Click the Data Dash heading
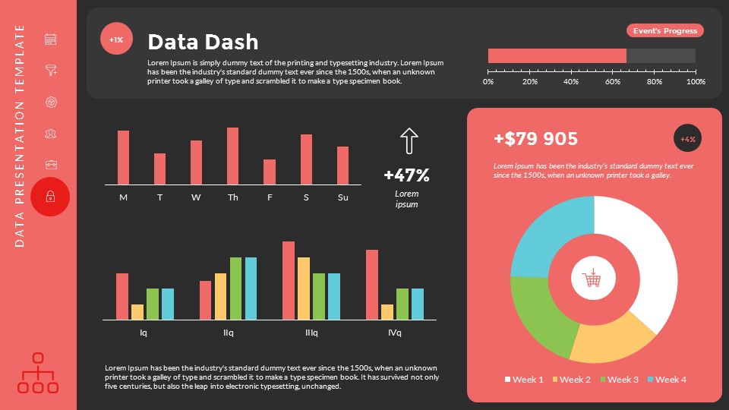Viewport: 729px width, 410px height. [203, 42]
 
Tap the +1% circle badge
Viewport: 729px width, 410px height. [116, 39]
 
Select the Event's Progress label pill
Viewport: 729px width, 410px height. [664, 30]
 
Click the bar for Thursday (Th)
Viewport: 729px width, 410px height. [232, 156]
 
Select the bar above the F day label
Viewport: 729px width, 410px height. [269, 172]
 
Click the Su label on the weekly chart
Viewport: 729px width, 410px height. [342, 197]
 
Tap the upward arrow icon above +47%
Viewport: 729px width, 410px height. [409, 142]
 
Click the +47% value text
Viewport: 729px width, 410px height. [406, 175]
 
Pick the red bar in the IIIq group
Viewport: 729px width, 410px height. [289, 280]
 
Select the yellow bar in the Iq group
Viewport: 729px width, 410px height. [137, 311]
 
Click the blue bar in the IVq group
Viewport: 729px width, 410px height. [417, 304]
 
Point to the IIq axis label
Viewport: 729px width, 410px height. [228, 333]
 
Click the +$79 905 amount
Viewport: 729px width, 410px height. [535, 139]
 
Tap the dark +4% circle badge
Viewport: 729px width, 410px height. [687, 139]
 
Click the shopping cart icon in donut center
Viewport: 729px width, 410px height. [592, 279]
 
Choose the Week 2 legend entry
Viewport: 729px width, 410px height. [571, 379]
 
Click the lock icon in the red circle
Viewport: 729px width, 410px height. [50, 197]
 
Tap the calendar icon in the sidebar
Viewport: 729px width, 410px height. [51, 39]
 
